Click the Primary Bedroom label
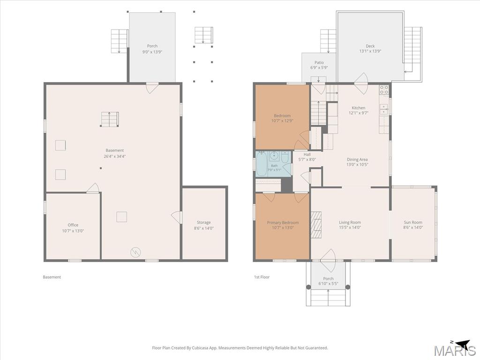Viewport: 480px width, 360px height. coord(283,223)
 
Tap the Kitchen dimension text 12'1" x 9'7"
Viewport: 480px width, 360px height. coord(358,112)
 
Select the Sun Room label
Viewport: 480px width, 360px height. coord(413,222)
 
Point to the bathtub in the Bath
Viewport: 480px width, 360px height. coord(262,164)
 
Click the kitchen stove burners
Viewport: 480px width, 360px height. coord(384,90)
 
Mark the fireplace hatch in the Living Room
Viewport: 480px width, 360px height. coord(317,225)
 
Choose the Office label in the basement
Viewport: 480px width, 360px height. coord(73,225)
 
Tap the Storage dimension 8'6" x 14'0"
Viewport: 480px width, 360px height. coord(203,228)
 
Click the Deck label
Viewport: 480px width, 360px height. coord(370,46)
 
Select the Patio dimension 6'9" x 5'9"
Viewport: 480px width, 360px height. coord(319,67)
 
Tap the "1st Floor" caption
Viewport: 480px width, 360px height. coord(262,277)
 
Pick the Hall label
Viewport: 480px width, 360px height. coord(307,155)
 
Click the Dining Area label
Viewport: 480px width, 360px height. coord(357,159)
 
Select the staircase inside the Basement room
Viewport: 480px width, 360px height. coord(110,119)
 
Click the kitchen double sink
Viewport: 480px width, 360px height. coord(384,109)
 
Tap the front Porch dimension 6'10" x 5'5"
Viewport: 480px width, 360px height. coord(328,284)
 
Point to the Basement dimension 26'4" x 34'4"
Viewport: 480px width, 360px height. coord(115,156)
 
